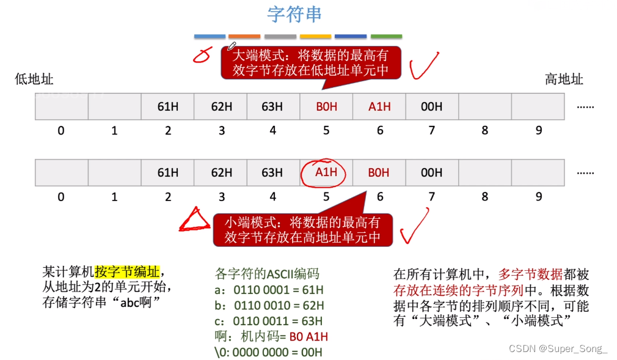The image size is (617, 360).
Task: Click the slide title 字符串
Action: [294, 14]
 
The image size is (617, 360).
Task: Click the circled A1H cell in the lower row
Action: [326, 172]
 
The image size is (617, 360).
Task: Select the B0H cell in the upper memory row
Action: [326, 106]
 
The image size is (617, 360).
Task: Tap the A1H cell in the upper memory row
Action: [379, 106]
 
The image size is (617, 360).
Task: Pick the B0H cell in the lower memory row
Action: [379, 172]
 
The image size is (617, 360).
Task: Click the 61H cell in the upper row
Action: [167, 106]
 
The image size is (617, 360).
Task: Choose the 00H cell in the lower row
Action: [431, 172]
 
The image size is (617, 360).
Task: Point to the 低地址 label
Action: [34, 79]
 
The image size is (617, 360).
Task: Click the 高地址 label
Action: [564, 79]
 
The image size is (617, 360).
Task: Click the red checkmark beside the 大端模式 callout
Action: [424, 66]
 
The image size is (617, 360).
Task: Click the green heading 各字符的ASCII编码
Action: [267, 273]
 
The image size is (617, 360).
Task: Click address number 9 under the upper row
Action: [538, 130]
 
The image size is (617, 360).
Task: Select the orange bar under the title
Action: [244, 37]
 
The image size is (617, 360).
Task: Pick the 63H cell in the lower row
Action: [272, 172]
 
